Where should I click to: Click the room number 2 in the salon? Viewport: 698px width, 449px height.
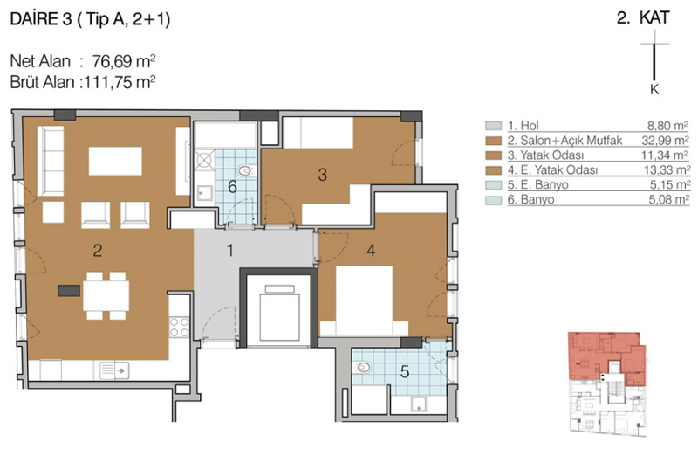click(98, 250)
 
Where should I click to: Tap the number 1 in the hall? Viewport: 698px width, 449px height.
click(230, 250)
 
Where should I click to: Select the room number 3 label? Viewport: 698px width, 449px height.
click(323, 175)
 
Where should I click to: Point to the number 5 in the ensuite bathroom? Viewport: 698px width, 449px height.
click(405, 371)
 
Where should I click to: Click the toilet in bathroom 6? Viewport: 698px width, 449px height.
click(247, 170)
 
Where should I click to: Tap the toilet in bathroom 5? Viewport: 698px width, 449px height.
click(362, 368)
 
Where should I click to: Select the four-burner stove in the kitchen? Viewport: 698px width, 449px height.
click(179, 327)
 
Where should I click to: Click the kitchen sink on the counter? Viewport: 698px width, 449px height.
click(114, 370)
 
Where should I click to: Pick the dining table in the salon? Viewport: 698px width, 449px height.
click(106, 295)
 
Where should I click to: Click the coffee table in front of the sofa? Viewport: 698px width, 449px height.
click(115, 161)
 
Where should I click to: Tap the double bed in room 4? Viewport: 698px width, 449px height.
click(364, 301)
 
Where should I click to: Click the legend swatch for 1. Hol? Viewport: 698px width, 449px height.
click(493, 126)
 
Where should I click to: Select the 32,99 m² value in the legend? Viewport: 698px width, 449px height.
click(665, 141)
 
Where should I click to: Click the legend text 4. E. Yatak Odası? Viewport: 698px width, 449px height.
click(552, 169)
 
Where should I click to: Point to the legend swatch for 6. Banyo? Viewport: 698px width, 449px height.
click(493, 200)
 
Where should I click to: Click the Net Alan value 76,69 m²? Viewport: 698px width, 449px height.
click(124, 61)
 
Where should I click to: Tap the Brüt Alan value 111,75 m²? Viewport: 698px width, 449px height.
click(118, 82)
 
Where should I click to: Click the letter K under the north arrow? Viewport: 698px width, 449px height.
click(654, 90)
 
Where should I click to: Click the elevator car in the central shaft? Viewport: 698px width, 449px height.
click(279, 316)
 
